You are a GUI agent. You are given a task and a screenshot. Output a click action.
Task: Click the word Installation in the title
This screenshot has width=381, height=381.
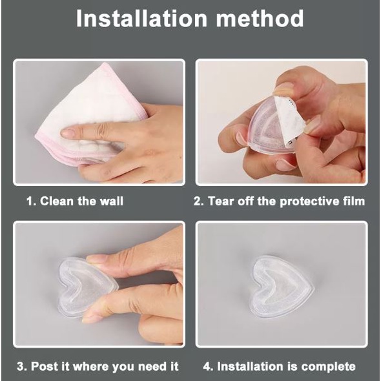[141, 19]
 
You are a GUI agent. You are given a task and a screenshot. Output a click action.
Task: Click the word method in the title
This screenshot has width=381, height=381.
[260, 19]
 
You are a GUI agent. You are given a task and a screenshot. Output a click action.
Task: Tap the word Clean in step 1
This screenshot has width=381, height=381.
[57, 201]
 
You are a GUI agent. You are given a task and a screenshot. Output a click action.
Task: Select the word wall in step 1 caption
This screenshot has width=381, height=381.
[112, 201]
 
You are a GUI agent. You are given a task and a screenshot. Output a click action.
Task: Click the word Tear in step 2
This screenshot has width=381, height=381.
[221, 201]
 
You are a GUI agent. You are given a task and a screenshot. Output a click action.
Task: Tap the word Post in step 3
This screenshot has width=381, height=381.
[45, 366]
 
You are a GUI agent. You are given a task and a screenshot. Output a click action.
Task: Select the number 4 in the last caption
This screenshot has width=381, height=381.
[206, 367]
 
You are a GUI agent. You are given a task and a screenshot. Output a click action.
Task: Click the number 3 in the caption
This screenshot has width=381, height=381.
[21, 367]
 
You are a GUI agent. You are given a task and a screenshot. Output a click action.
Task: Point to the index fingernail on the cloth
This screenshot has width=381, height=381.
[68, 132]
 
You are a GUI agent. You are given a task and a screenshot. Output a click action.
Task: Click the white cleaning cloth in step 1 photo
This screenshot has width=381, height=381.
[87, 114]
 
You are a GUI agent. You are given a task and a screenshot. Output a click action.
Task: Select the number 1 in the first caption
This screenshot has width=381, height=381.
[30, 201]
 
